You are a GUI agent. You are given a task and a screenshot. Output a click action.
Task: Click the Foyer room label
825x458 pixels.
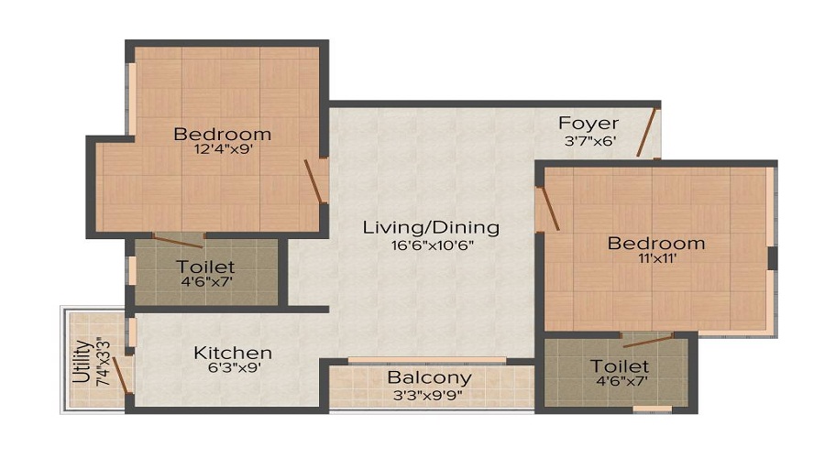(x=588, y=124)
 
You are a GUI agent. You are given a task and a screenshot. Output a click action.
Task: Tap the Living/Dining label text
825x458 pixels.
(x=431, y=227)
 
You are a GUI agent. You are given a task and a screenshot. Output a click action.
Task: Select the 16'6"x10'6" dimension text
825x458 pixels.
(x=431, y=245)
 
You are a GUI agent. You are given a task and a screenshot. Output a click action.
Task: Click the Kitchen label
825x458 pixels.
(x=233, y=353)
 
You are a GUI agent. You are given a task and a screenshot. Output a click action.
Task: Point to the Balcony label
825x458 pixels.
(x=429, y=377)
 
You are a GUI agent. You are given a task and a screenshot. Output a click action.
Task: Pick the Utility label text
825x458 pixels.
(x=82, y=364)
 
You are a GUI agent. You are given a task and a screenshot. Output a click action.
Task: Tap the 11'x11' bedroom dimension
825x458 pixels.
(x=655, y=259)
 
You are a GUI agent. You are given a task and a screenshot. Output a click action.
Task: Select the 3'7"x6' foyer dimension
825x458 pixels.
(x=588, y=142)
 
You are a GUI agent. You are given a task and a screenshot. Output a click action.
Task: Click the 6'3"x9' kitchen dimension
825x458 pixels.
(x=233, y=370)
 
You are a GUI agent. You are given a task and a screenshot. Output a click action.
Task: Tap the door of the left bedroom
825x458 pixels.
(x=314, y=180)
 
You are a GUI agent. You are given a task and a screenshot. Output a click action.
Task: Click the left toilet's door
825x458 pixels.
(x=178, y=242)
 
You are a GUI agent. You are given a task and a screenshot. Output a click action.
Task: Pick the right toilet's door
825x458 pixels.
(x=647, y=341)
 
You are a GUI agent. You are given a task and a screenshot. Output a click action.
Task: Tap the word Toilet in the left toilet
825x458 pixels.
(x=205, y=267)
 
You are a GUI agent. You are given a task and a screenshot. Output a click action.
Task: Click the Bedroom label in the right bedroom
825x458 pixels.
(x=656, y=243)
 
